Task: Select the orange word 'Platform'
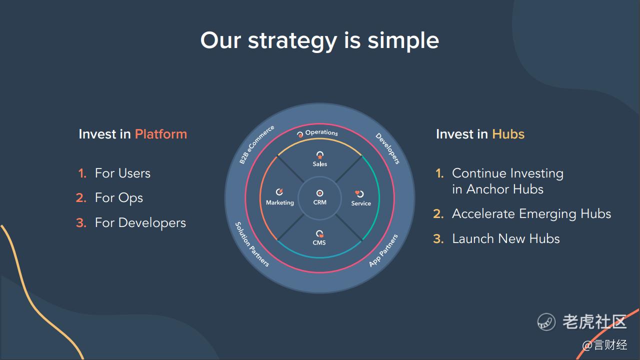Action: pyautogui.click(x=161, y=134)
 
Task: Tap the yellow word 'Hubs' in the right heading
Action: pyautogui.click(x=508, y=134)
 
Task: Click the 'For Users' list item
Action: pyautogui.click(x=122, y=173)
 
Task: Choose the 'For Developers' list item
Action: pyautogui.click(x=140, y=223)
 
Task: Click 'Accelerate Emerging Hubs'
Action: pyautogui.click(x=531, y=214)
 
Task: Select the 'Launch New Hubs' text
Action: pyautogui.click(x=505, y=238)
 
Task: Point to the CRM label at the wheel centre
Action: pyautogui.click(x=319, y=202)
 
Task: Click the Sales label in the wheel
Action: pyautogui.click(x=319, y=164)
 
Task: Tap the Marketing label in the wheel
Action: pyautogui.click(x=279, y=202)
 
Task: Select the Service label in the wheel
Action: pyautogui.click(x=361, y=203)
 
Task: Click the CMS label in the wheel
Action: pyautogui.click(x=319, y=242)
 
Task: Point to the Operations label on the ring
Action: pyautogui.click(x=321, y=132)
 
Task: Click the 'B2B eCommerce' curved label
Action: pyautogui.click(x=256, y=144)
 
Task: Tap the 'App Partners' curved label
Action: pyautogui.click(x=383, y=250)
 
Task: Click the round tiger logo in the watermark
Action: pyautogui.click(x=546, y=321)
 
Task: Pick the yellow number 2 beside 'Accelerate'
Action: pyautogui.click(x=438, y=214)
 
